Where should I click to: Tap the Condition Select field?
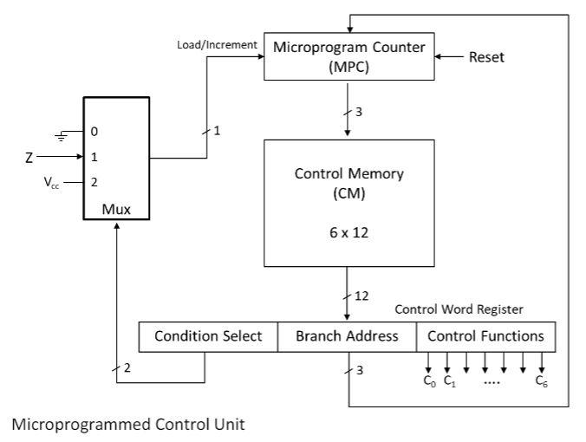click(208, 336)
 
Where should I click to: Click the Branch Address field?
click(347, 336)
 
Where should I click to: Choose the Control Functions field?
click(485, 336)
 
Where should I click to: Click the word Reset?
click(485, 57)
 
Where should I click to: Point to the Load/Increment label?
click(218, 44)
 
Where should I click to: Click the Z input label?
click(29, 158)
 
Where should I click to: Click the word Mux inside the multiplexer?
click(115, 208)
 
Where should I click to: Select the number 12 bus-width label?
click(361, 296)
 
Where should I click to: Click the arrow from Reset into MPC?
click(447, 57)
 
